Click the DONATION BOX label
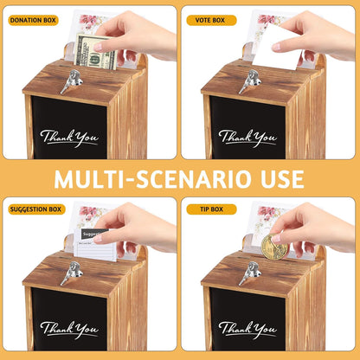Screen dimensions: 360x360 [x=34, y=19]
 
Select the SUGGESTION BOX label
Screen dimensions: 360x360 [x=36, y=209]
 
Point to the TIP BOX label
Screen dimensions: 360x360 [x=209, y=209]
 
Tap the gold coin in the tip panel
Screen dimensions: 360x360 [x=274, y=247]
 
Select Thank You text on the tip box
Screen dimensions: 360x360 [x=248, y=330]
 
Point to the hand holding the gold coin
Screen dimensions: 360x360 [x=316, y=227]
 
